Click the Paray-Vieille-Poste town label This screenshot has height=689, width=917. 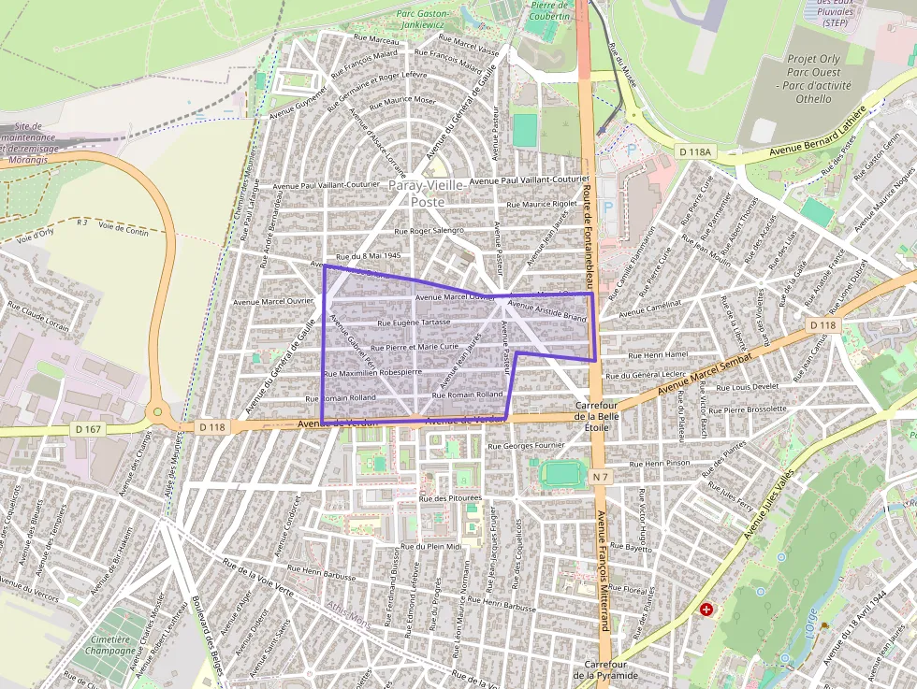click(427, 193)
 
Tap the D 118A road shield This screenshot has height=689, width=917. click(696, 151)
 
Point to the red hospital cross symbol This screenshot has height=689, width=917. click(706, 609)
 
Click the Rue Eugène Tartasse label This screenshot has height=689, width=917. click(413, 323)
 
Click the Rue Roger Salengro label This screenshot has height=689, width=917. click(429, 230)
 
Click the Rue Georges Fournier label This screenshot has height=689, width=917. click(528, 446)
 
